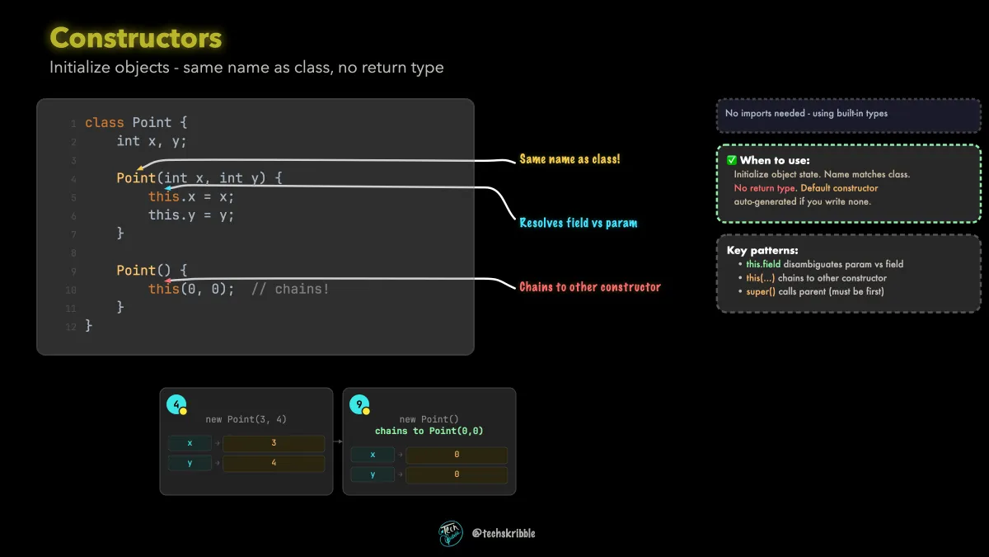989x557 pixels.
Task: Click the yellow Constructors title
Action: point(135,38)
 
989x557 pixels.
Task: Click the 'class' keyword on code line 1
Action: point(104,122)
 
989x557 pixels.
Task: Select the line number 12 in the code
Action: point(71,327)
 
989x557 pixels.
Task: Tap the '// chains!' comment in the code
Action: point(290,289)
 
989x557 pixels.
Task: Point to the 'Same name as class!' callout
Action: point(569,159)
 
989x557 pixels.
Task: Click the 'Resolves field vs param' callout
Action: point(578,223)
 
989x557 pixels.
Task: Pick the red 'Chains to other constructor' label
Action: point(590,287)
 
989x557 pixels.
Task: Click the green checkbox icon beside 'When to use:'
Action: point(732,160)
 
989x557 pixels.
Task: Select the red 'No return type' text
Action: point(764,188)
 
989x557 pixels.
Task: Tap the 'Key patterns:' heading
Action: point(762,251)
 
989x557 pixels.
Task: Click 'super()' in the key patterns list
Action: point(760,292)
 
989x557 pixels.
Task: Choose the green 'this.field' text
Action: point(763,264)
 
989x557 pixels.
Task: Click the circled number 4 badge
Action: point(176,404)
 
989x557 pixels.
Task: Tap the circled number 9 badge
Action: point(359,404)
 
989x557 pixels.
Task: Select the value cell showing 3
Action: point(274,443)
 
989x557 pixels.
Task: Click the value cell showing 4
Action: point(274,463)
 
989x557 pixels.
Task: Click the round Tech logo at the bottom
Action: point(450,534)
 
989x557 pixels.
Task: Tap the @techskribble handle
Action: point(504,534)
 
